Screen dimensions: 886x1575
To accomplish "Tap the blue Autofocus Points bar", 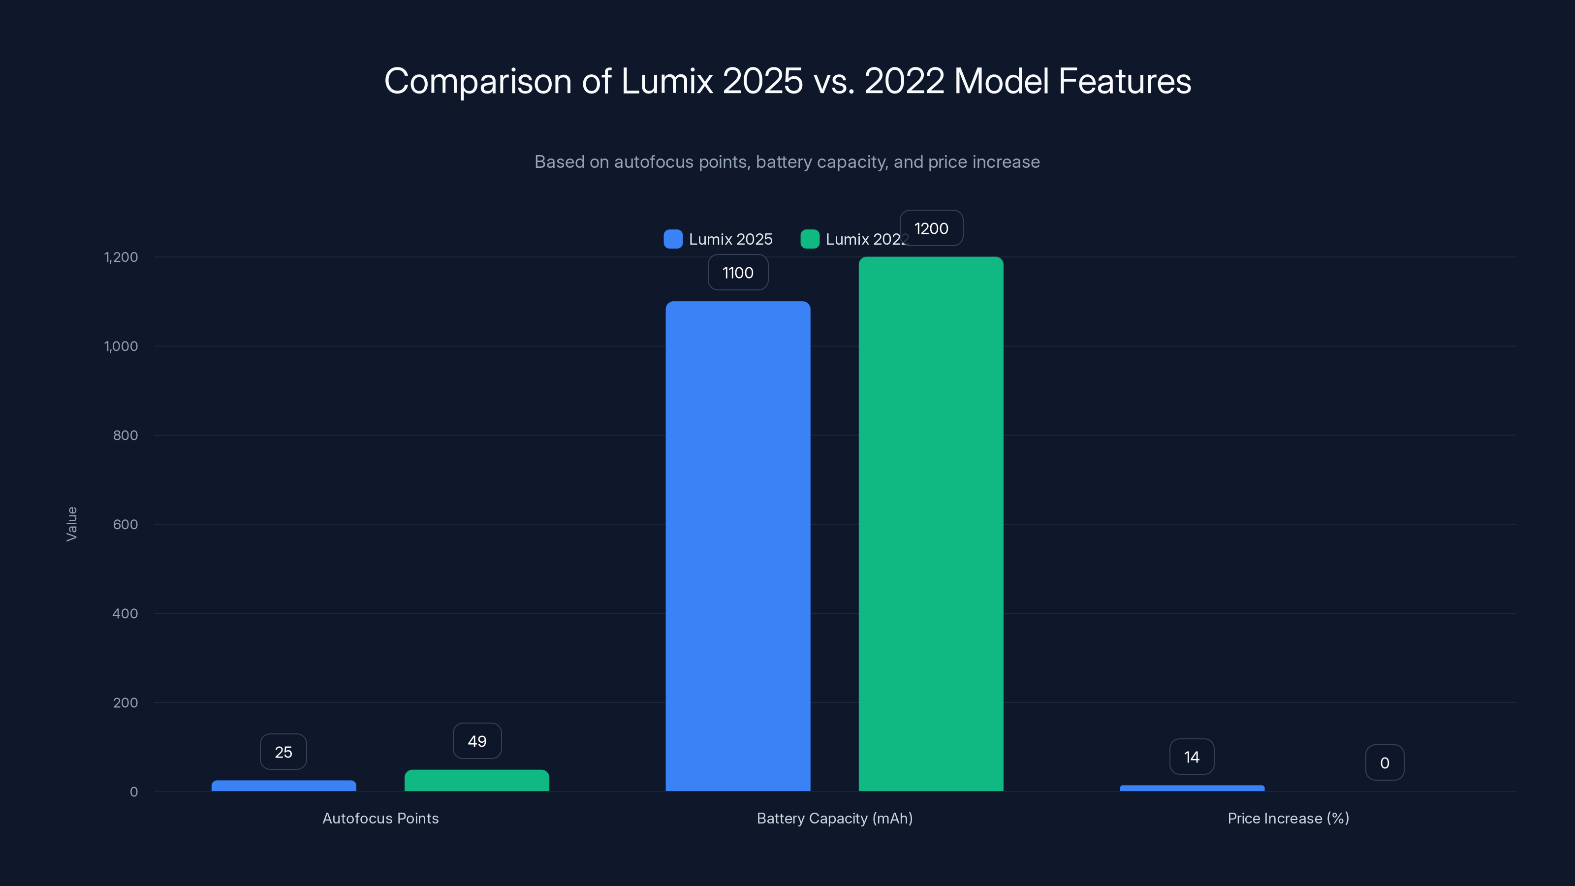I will click(283, 786).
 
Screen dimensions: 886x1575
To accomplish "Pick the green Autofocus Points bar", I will click(477, 780).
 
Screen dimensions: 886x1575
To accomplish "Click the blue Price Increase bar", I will click(1192, 788).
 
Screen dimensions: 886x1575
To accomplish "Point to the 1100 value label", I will click(738, 273).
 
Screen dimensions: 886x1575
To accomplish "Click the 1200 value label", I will click(931, 229).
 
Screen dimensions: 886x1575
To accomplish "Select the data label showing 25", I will click(283, 752).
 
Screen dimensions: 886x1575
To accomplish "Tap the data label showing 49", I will click(477, 741).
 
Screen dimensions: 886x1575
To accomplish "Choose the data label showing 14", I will click(1192, 757).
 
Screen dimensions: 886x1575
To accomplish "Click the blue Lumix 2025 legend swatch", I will click(672, 239).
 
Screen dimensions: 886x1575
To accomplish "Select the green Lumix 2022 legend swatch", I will click(810, 239).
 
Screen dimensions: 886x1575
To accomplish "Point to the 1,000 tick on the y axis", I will click(121, 346).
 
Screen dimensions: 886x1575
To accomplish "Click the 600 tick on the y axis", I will click(126, 524).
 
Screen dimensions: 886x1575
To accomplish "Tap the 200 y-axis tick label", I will click(126, 702).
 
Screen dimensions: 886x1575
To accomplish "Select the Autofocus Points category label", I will click(380, 818).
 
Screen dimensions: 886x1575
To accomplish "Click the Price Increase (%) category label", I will click(1288, 818).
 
